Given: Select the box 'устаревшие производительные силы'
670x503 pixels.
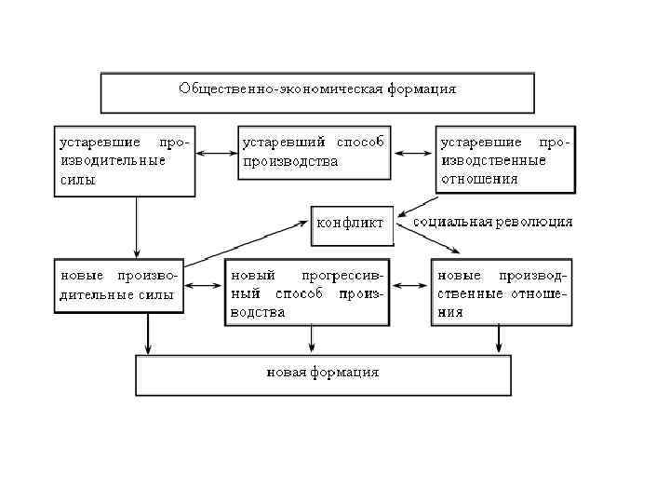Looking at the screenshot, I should pos(124,161).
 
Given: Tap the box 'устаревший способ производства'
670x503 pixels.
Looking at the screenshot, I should pos(313,152).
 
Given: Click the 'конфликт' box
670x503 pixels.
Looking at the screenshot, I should pos(352,224).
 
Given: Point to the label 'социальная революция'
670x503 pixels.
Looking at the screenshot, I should pos(492,223).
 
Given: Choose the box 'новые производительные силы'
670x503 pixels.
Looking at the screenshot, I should pos(118,286).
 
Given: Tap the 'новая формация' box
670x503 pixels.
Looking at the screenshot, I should pos(323,374).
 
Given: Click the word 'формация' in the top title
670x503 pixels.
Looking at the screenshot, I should pos(424,89).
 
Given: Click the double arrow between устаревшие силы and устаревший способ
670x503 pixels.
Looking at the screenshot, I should pos(216,153).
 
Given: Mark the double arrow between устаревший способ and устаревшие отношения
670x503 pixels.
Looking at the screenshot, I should pos(412,153).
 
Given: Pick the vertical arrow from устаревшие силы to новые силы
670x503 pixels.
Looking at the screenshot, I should pos(137,227).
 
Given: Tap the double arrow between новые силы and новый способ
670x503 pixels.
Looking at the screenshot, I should pos(204,287).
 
